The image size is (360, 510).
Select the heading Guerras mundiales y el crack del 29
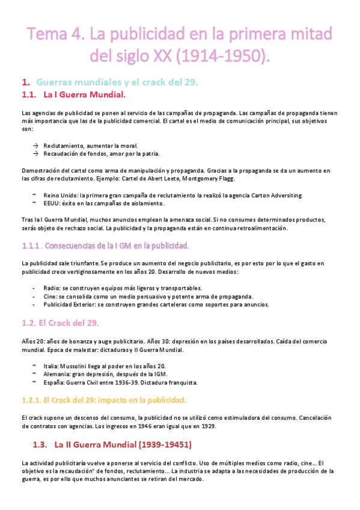(117, 82)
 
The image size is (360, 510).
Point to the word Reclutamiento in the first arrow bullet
(64, 146)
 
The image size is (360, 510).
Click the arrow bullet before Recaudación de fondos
(35, 153)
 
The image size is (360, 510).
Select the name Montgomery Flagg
(210, 179)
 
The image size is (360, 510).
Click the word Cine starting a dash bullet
(50, 296)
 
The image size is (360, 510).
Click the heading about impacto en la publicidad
(104, 400)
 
